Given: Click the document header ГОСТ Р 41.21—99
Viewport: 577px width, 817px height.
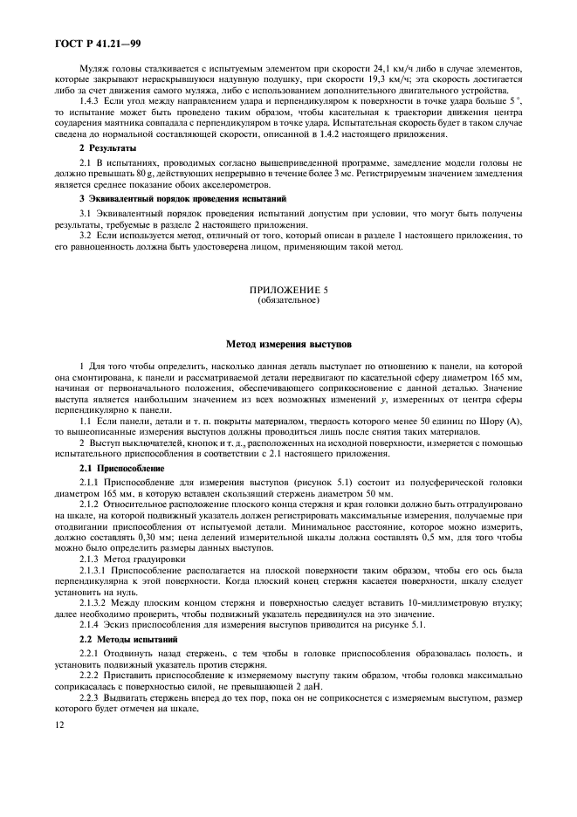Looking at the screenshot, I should (77, 41).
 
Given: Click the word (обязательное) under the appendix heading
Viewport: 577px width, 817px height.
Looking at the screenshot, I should (288, 300).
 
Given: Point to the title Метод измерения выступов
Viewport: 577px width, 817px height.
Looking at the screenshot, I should (288, 345).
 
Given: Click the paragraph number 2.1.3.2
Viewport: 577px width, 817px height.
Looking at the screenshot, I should (98, 602).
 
